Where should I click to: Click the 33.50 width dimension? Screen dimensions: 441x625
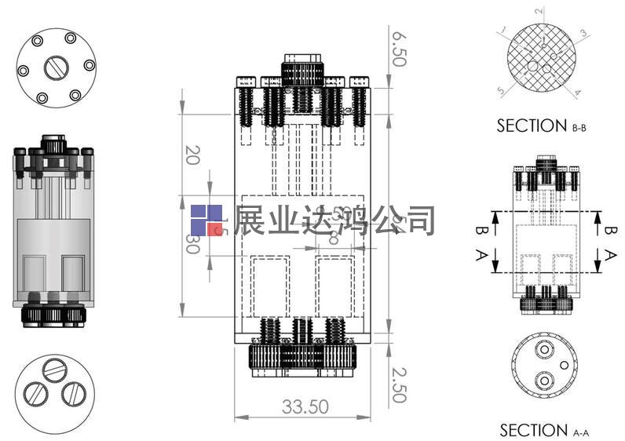305,406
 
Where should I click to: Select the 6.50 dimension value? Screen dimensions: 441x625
400,49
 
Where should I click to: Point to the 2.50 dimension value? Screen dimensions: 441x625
400,385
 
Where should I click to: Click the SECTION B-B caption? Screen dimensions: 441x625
542,126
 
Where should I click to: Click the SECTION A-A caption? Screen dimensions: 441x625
544,430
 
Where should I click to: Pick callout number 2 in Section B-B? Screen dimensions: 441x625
539,11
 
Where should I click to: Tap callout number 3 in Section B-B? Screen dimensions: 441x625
583,33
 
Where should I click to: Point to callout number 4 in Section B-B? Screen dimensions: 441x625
577,93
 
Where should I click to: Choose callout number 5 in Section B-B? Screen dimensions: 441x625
500,91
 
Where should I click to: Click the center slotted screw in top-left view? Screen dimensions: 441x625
56,69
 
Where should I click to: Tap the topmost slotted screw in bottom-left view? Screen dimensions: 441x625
55,367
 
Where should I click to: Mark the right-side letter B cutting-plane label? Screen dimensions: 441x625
611,231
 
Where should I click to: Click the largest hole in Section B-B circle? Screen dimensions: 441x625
533,67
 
